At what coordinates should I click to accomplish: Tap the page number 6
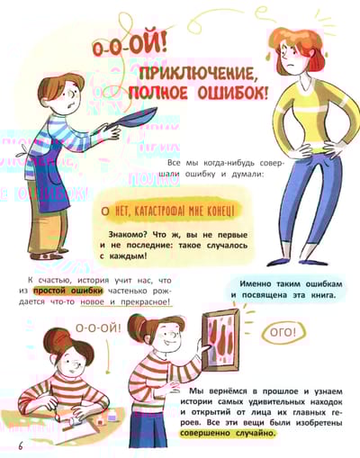click(21, 445)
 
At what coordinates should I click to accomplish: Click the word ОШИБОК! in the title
click(232, 94)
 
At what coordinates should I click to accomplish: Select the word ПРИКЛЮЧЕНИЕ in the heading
click(199, 75)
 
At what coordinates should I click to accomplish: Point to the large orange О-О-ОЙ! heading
click(130, 48)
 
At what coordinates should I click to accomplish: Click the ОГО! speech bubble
click(283, 332)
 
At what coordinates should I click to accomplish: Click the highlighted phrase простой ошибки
click(67, 291)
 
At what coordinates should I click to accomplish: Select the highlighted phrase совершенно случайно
click(228, 433)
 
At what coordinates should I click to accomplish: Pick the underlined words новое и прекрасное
click(126, 301)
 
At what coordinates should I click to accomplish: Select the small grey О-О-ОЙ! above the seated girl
click(98, 328)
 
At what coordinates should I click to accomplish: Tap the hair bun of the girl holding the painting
click(137, 326)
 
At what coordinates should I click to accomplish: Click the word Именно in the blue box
click(255, 283)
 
